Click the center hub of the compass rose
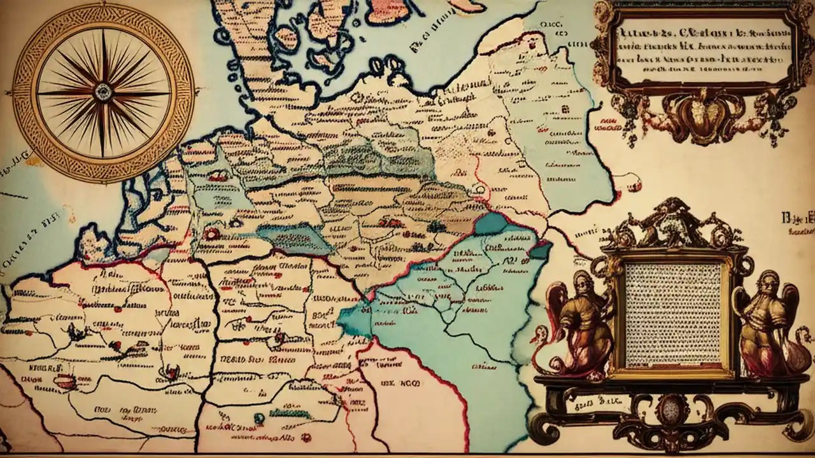(x=103, y=93)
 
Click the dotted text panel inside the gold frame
(x=673, y=316)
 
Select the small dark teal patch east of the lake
(x=540, y=250)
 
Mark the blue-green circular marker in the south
(x=259, y=418)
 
